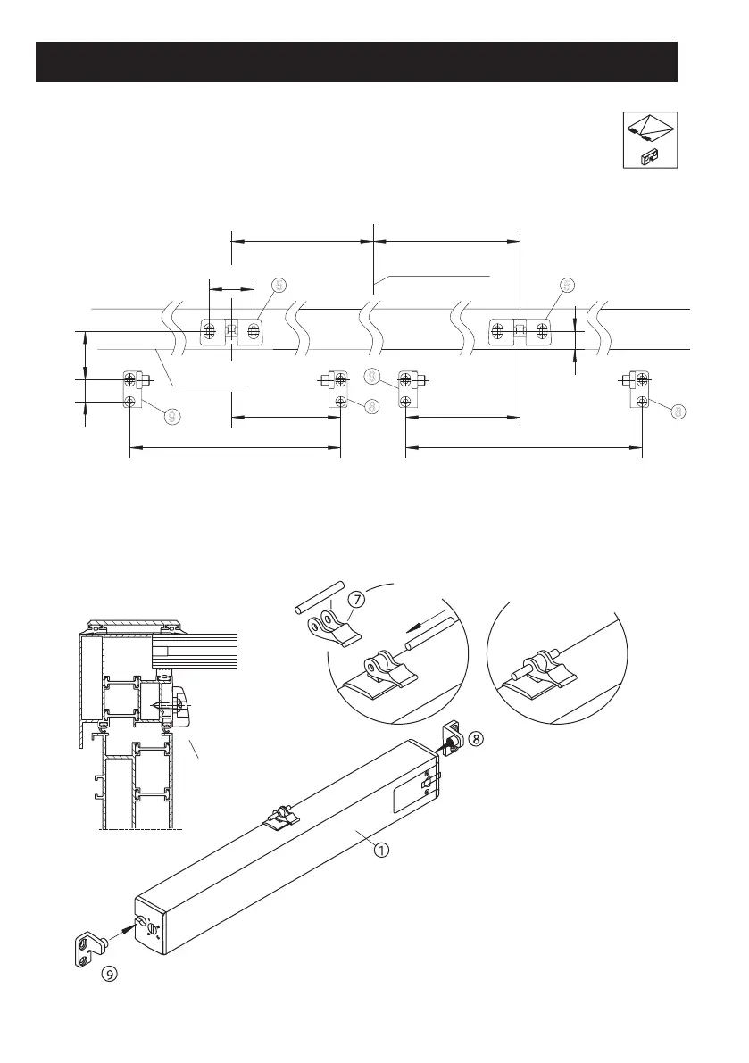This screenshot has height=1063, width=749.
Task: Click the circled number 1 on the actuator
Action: tap(380, 851)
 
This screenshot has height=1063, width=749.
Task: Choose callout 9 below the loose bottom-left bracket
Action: tap(109, 975)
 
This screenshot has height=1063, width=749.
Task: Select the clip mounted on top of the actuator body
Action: tap(281, 817)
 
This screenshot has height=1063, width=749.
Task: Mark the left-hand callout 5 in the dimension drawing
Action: tap(279, 285)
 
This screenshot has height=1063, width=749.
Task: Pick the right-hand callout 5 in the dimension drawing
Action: tap(566, 285)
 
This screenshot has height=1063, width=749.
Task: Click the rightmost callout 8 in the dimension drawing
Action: tap(679, 411)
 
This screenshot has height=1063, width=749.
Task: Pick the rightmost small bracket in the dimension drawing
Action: tap(640, 388)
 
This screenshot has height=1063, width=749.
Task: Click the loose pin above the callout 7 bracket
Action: tap(319, 597)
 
